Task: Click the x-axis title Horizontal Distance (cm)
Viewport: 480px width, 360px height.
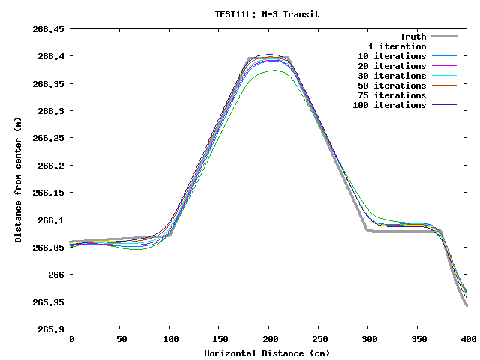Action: [x=267, y=353]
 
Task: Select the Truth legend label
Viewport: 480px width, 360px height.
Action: [x=412, y=37]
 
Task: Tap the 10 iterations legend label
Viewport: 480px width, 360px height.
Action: [x=391, y=56]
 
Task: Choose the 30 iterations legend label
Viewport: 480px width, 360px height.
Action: [x=391, y=76]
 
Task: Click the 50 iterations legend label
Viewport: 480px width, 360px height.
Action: [x=391, y=85]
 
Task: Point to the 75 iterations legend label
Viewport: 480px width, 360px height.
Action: [x=391, y=95]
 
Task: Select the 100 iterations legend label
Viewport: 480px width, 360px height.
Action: [x=389, y=105]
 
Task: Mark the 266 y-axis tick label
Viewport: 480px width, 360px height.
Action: [x=57, y=274]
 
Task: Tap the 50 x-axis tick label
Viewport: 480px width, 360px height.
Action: [x=121, y=340]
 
